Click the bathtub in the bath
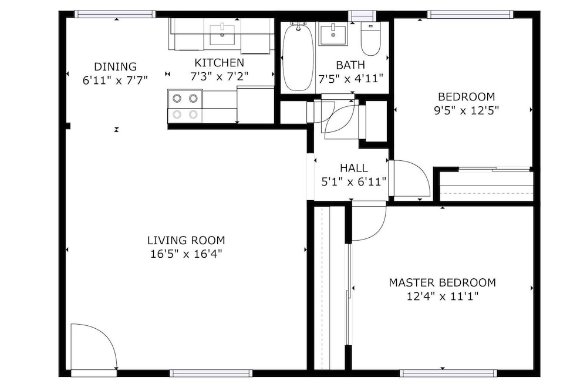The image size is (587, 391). pos(298,57)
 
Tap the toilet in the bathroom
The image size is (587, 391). pos(370,39)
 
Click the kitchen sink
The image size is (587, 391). pos(222,35)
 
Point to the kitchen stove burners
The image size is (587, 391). pos(185,106)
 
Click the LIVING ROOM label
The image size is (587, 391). pos(186,240)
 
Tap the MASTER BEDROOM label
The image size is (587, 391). pos(443,282)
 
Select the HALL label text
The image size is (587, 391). pos(354,168)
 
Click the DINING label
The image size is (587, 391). pos(115,67)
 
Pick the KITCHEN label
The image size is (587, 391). pos(220,63)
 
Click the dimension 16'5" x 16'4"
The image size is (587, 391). pos(186,254)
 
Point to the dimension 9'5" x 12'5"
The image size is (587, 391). pos(467,111)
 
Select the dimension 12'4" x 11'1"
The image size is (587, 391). pos(443,296)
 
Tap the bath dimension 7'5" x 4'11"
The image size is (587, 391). pos(351,79)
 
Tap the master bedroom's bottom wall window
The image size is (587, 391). pos(448,373)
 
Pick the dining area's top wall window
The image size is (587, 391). pos(115,14)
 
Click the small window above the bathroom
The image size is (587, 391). pos(362,16)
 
